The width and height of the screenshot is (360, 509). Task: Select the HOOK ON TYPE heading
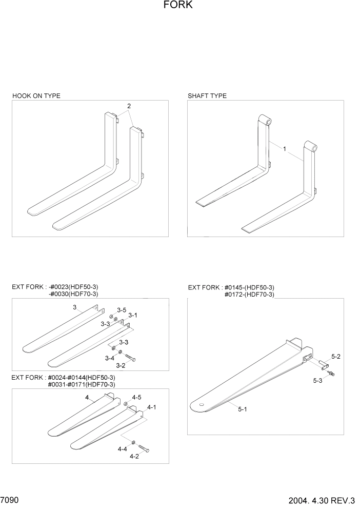(36, 96)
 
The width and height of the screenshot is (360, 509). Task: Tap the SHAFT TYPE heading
(207, 96)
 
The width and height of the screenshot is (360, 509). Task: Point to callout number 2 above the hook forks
(129, 106)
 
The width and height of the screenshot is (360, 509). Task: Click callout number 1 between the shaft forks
(285, 149)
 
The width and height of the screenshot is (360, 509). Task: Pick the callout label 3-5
(122, 310)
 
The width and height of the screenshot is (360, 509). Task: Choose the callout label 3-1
(133, 315)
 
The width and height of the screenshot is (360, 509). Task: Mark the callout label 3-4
(110, 358)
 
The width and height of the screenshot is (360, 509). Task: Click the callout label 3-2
(121, 365)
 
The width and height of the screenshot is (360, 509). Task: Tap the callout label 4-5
(136, 397)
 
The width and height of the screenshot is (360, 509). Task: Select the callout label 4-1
(151, 407)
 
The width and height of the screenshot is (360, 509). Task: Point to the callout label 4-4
(122, 449)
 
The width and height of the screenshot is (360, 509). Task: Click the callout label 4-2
(134, 456)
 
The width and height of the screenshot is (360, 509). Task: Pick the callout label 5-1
(243, 409)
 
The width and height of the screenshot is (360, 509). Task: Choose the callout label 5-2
(336, 356)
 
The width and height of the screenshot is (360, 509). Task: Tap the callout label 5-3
(317, 381)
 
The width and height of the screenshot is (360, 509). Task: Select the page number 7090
(10, 499)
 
